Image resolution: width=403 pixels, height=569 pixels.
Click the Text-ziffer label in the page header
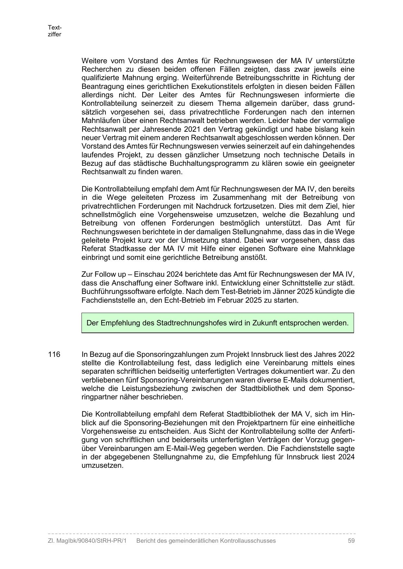coord(55,31)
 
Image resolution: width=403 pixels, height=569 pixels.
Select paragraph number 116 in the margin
coord(54,354)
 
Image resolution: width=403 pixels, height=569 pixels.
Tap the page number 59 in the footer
coord(351,541)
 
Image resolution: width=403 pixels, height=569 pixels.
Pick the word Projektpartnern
coord(262,423)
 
